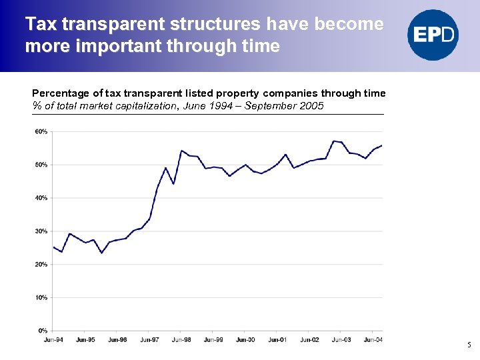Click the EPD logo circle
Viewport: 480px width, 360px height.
coord(433,35)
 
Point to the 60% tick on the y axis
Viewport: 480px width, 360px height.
coord(41,131)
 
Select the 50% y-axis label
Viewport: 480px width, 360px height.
coord(41,165)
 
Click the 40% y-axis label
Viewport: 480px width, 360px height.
coord(41,198)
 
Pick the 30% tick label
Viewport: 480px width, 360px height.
coord(41,231)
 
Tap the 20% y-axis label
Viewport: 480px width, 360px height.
coord(41,265)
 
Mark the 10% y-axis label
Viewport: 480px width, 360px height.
coord(41,297)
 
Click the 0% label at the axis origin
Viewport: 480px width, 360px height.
coord(42,331)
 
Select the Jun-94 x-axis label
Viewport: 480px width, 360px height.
coord(54,340)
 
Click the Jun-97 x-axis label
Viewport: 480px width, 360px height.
coord(149,340)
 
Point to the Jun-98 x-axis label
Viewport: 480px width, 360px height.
coord(181,340)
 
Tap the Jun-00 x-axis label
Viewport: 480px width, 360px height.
coord(245,340)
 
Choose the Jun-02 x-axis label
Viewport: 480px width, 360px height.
coord(309,340)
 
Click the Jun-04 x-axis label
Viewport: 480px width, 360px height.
coord(373,340)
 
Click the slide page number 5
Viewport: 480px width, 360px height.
coord(469,345)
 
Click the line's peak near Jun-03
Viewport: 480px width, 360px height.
coord(334,141)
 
